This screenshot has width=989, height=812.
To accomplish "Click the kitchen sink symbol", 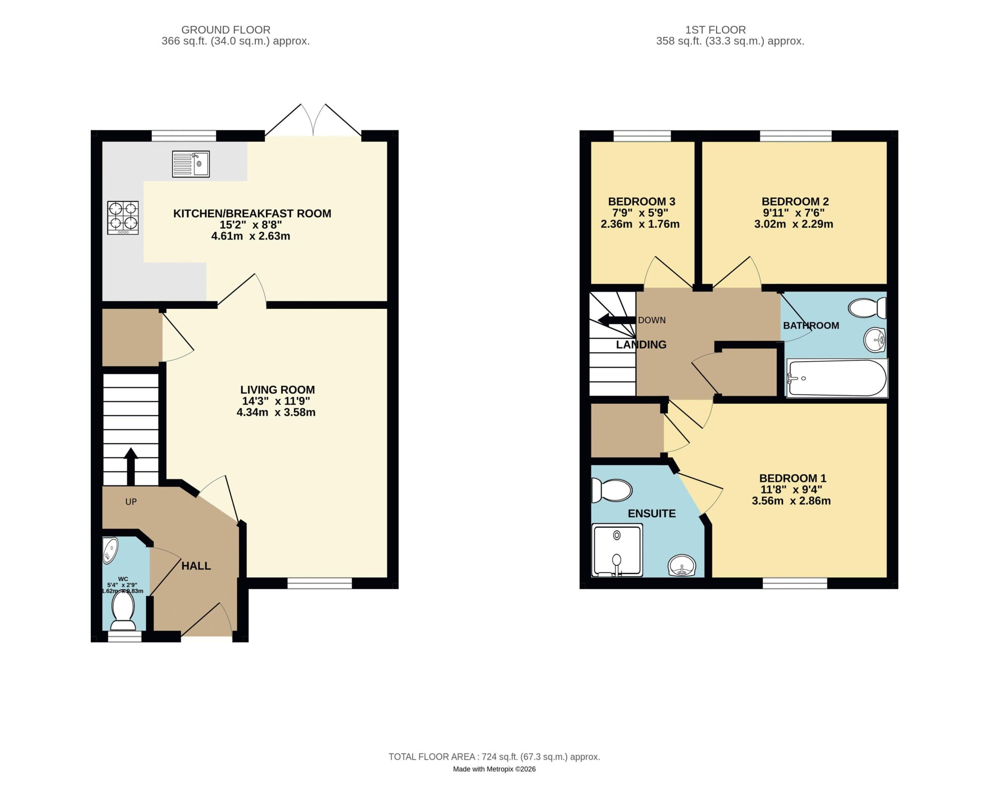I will [191, 164].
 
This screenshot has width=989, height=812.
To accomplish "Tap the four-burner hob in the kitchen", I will [123, 217].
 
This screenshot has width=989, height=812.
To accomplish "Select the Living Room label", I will [277, 390].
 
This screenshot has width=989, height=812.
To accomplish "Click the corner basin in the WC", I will [110, 550].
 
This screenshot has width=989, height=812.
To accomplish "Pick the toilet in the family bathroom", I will [867, 308].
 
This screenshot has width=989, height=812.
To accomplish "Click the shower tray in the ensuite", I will [617, 550].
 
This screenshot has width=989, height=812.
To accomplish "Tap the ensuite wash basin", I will [682, 566].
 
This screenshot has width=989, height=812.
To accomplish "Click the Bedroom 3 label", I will [641, 202].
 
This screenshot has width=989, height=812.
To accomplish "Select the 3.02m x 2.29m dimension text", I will [794, 224].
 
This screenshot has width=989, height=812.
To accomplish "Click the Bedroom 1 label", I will [793, 478].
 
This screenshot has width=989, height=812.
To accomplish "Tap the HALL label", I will [196, 566].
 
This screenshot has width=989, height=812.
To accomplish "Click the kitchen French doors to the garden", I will [313, 123].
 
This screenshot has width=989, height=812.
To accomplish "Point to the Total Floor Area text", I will [494, 757].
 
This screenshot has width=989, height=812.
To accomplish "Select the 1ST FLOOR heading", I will [715, 30].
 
